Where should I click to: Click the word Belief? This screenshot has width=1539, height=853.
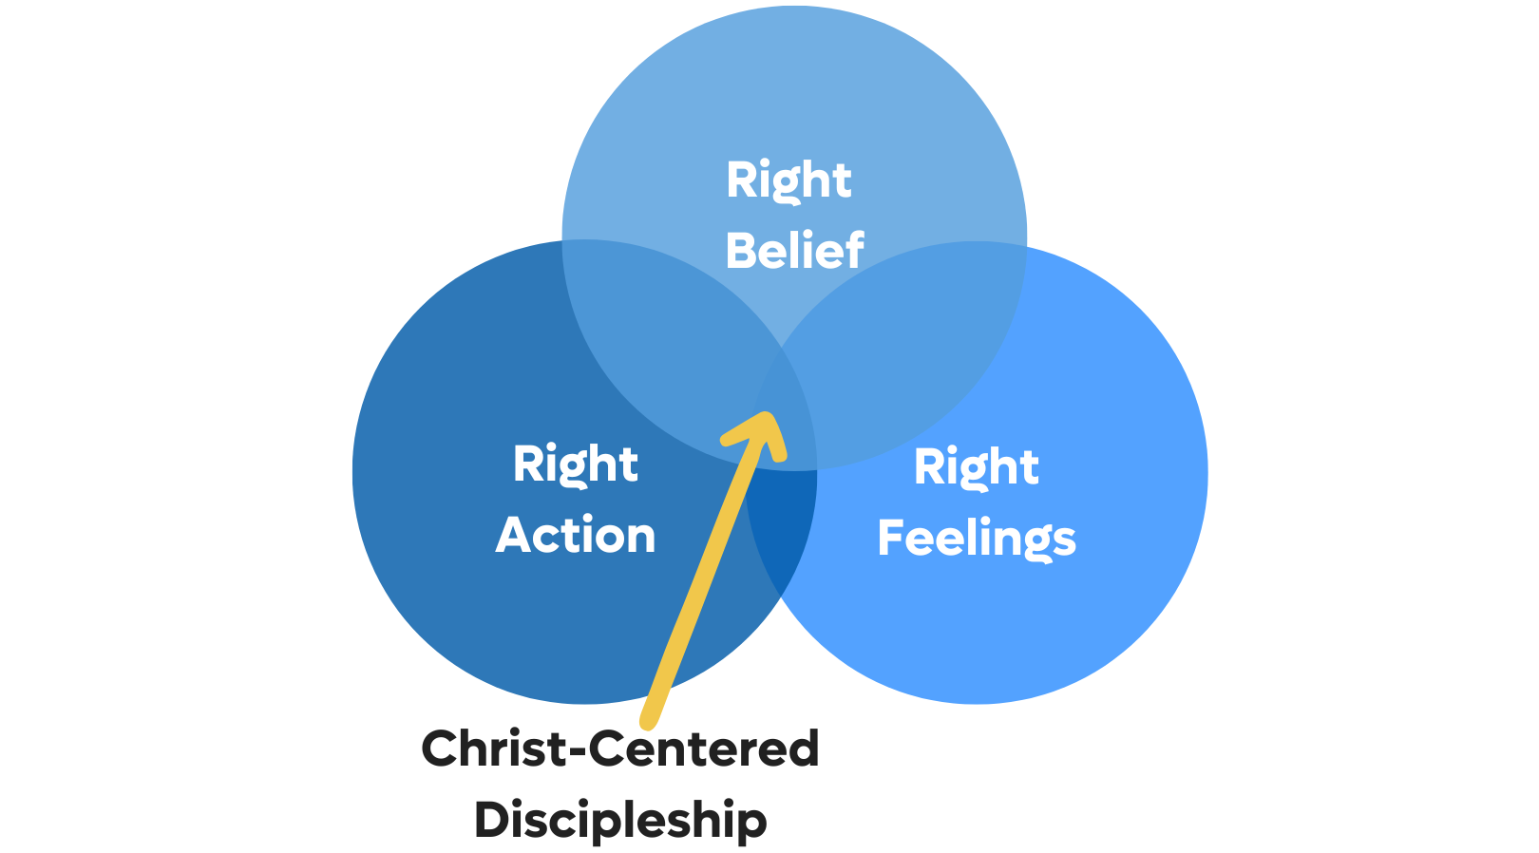click(794, 252)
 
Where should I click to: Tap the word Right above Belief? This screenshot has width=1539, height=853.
click(788, 180)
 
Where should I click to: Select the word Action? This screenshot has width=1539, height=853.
click(576, 535)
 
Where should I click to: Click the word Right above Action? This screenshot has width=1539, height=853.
click(576, 464)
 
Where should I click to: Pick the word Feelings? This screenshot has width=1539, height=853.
click(977, 539)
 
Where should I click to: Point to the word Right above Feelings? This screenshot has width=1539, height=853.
click(977, 467)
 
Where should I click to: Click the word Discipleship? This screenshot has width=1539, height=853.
click(620, 820)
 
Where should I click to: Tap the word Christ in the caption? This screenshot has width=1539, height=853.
click(493, 749)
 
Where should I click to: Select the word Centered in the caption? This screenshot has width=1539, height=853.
click(704, 749)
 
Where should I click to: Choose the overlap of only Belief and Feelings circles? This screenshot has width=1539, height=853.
click(912, 351)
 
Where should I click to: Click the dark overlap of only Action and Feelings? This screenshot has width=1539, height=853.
click(781, 532)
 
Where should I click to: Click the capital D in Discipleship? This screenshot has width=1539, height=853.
click(491, 820)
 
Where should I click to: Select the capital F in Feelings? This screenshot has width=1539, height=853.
click(891, 538)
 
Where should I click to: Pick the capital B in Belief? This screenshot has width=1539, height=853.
click(742, 252)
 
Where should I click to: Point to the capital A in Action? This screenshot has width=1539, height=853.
click(513, 535)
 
